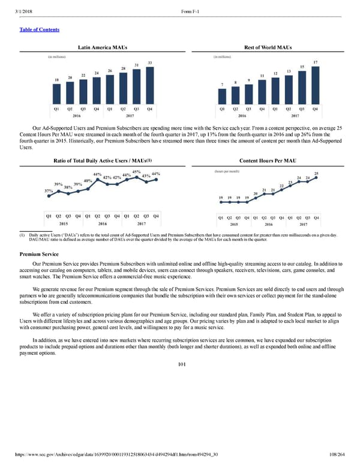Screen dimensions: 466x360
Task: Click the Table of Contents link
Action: point(37,29)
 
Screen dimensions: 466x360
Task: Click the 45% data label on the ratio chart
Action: point(136,172)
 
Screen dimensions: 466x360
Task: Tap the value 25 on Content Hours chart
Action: point(316,174)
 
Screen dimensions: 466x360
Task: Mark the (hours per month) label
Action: point(227,171)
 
